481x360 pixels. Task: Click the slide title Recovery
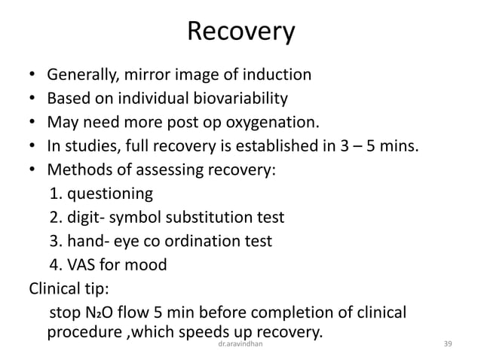click(240, 32)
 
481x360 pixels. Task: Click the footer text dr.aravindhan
click(240, 343)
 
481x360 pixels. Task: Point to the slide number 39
click(449, 343)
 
